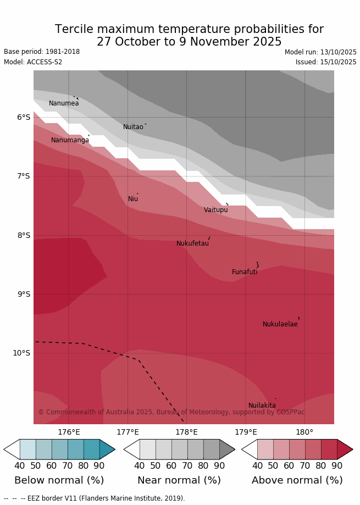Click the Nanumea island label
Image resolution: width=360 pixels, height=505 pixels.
point(64,103)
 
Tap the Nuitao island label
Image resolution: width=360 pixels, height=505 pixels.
point(133,127)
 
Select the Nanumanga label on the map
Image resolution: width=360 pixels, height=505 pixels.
point(70,140)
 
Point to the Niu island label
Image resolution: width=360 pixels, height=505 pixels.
point(133,199)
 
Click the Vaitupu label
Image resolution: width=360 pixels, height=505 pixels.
point(215,210)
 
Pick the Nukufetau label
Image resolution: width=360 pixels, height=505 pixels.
point(192,243)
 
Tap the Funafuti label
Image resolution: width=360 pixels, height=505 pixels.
point(245,272)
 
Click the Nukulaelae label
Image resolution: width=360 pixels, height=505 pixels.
point(280,324)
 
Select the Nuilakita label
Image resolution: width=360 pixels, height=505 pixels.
point(262,406)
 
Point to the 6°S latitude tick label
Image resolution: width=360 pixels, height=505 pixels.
point(23,117)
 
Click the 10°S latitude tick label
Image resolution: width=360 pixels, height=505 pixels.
point(21,353)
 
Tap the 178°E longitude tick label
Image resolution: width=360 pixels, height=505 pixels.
point(186,432)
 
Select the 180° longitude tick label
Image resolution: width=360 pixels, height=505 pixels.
point(304,432)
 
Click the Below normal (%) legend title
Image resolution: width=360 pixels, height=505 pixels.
point(59,480)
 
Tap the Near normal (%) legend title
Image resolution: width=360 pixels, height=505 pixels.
point(179,480)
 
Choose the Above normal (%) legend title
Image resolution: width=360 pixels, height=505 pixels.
point(297,480)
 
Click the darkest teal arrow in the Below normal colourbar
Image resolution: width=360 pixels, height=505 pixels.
point(107,449)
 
